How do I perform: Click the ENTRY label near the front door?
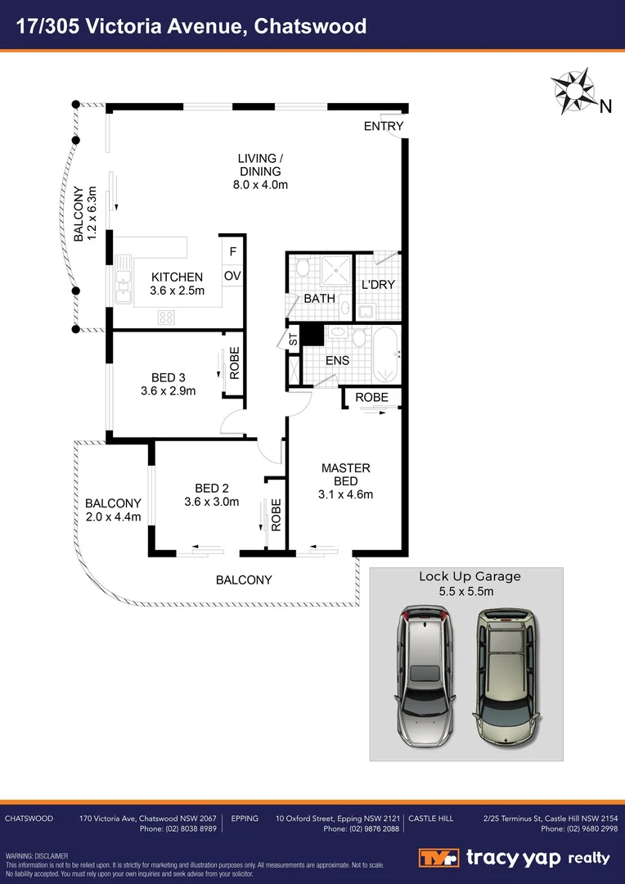(384, 126)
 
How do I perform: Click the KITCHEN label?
(176, 277)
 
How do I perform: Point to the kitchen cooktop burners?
(166, 317)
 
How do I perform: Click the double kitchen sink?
(123, 281)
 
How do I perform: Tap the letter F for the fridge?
(232, 253)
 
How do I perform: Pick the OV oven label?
(232, 276)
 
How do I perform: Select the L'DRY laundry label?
(378, 285)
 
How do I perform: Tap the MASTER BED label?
(345, 475)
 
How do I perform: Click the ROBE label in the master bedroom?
(371, 398)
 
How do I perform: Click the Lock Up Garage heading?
(470, 576)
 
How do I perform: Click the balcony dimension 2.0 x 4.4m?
(113, 516)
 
